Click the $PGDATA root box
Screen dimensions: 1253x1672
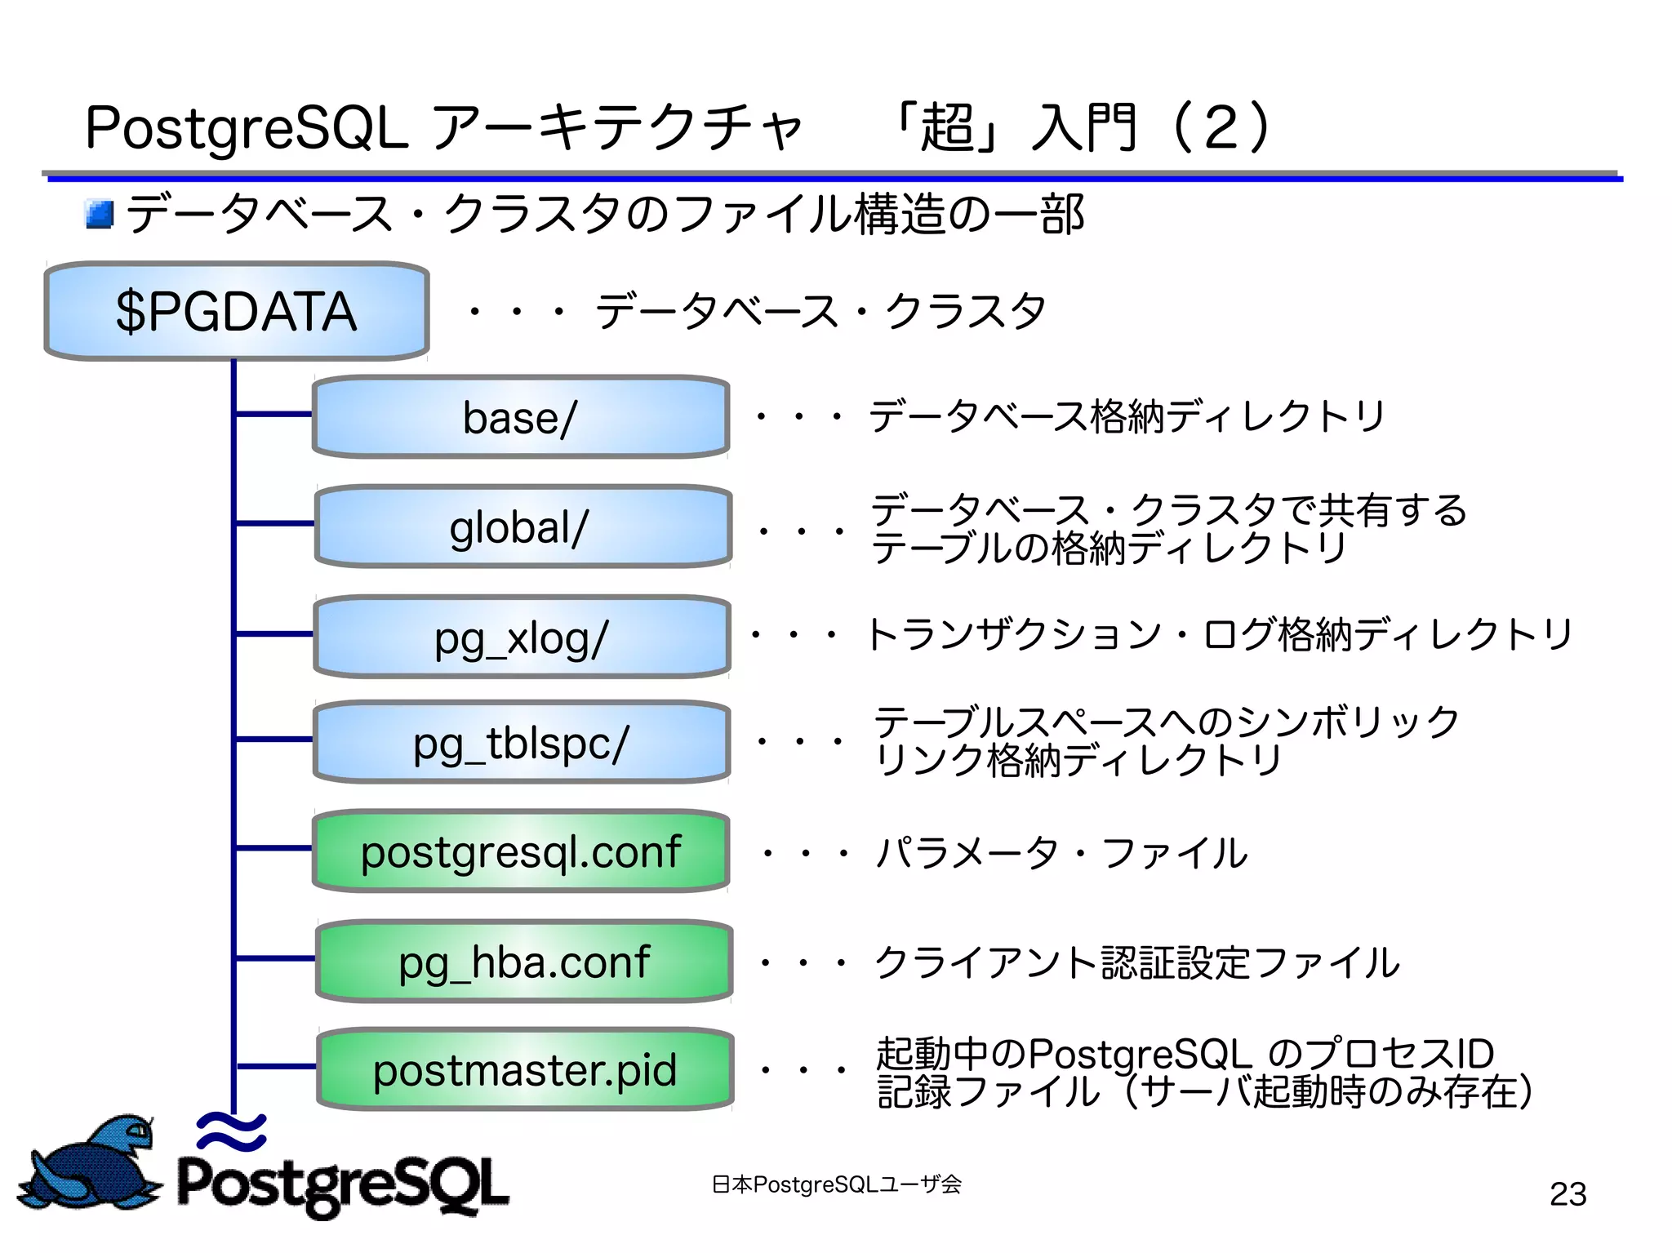[x=236, y=311]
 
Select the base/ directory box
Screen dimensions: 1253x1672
[x=521, y=417]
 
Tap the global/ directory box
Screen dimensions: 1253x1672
[x=522, y=527]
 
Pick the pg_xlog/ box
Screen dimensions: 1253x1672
[x=521, y=637]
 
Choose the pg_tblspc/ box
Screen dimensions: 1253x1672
[x=521, y=743]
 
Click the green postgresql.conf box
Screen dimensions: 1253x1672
[x=521, y=851]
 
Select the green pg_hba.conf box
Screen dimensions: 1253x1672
[x=524, y=962]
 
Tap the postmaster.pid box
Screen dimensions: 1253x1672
[x=525, y=1069]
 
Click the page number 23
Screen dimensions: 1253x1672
[x=1567, y=1194]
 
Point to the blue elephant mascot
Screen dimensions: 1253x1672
[x=94, y=1163]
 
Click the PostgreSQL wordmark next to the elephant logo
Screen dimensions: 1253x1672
[x=343, y=1184]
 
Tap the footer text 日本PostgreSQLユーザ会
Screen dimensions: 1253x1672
[x=836, y=1184]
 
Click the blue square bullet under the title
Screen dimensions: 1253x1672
[x=100, y=215]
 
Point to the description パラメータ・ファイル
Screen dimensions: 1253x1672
[x=1061, y=853]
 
